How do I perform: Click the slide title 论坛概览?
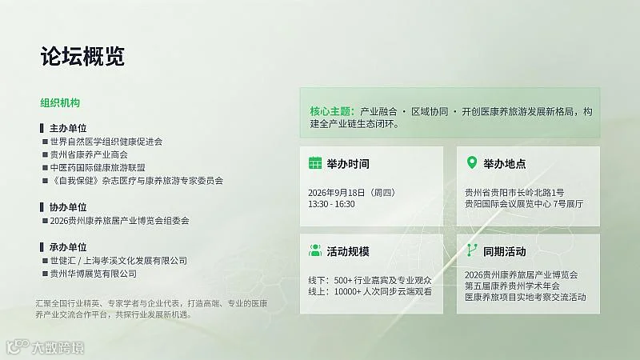82,56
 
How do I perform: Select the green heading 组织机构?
60,103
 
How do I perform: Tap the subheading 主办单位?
68,128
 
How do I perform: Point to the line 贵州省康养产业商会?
89,154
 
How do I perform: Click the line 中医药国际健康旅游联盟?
98,168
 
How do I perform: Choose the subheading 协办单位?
68,207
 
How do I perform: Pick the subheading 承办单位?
68,247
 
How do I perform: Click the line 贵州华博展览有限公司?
94,274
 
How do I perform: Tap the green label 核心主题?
332,111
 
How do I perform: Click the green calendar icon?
315,163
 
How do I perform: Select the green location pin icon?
472,162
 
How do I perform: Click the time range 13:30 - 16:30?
331,204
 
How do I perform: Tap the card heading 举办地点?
505,164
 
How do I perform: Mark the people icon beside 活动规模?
315,250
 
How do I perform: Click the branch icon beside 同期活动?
472,250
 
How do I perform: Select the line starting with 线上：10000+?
370,292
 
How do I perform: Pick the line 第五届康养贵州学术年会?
512,286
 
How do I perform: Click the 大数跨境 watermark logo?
46,347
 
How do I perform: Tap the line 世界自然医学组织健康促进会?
106,142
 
